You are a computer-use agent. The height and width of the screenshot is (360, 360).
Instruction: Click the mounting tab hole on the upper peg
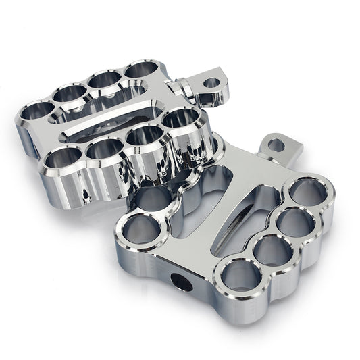pyautogui.click(x=211, y=84)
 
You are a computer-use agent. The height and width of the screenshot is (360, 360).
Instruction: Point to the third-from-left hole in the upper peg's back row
pyautogui.click(x=104, y=79)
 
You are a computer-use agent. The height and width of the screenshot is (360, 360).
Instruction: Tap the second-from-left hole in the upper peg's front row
pyautogui.click(x=103, y=148)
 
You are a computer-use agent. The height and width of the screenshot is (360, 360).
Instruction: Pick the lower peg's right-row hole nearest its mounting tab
pyautogui.click(x=308, y=192)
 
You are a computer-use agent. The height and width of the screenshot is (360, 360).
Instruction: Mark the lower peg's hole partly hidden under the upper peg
pyautogui.click(x=153, y=197)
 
